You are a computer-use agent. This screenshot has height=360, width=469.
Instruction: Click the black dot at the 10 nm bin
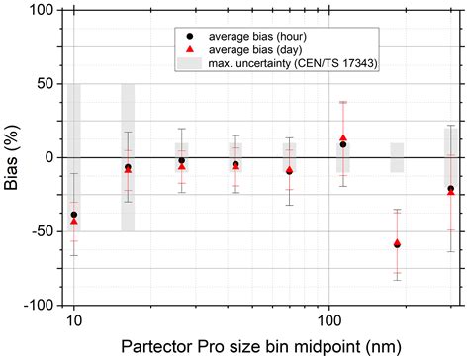tap(74, 215)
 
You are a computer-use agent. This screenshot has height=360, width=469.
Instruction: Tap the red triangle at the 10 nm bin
tap(74, 223)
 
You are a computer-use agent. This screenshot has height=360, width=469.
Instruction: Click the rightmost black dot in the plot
tap(451, 188)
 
